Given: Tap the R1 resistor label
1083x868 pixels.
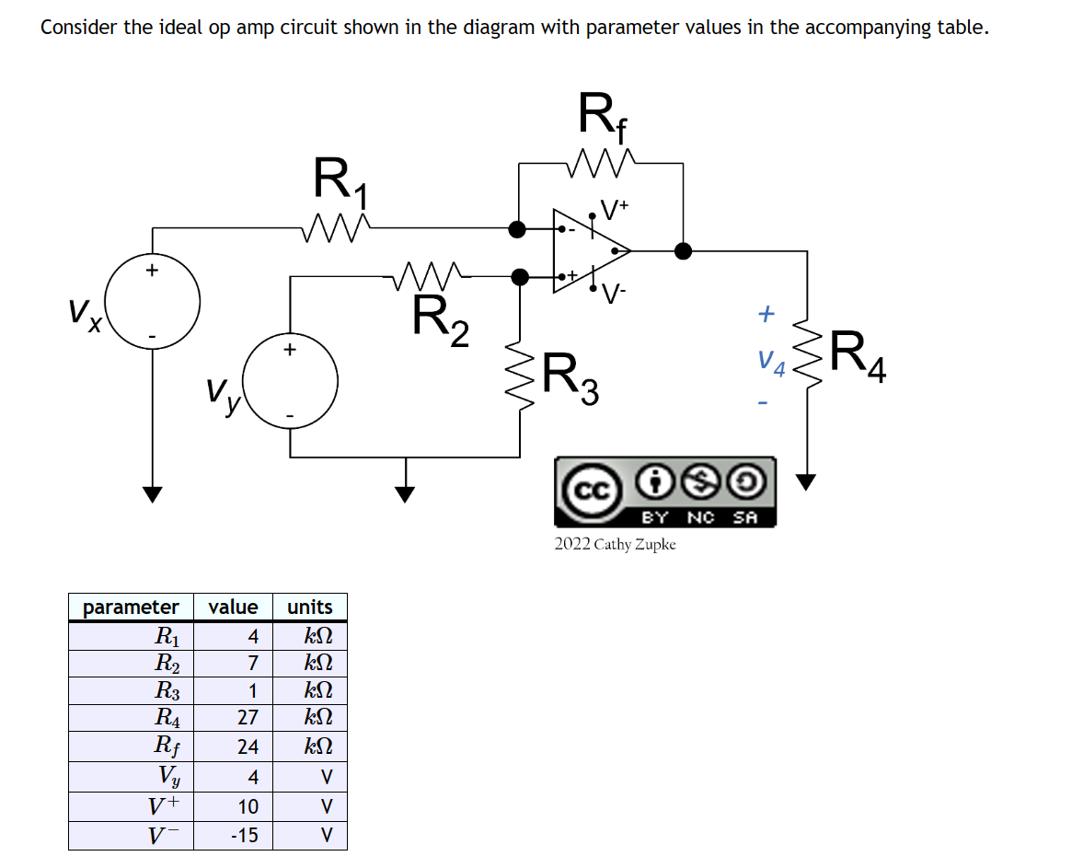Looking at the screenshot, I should (340, 180).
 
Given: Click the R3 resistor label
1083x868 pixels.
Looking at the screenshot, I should (570, 377).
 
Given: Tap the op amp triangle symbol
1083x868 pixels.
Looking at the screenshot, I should (589, 249).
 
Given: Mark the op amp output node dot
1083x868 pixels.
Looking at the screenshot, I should (683, 249).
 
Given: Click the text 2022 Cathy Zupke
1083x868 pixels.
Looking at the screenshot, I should (615, 544).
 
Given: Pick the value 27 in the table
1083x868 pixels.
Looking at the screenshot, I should (248, 717).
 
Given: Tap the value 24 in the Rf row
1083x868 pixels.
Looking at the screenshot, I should (248, 746).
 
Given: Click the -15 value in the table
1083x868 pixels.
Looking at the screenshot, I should (245, 836).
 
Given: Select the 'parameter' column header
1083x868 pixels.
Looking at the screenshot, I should (131, 608).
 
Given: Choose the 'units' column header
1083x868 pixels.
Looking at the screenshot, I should (310, 608).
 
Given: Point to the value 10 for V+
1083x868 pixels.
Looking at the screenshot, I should (248, 806).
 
